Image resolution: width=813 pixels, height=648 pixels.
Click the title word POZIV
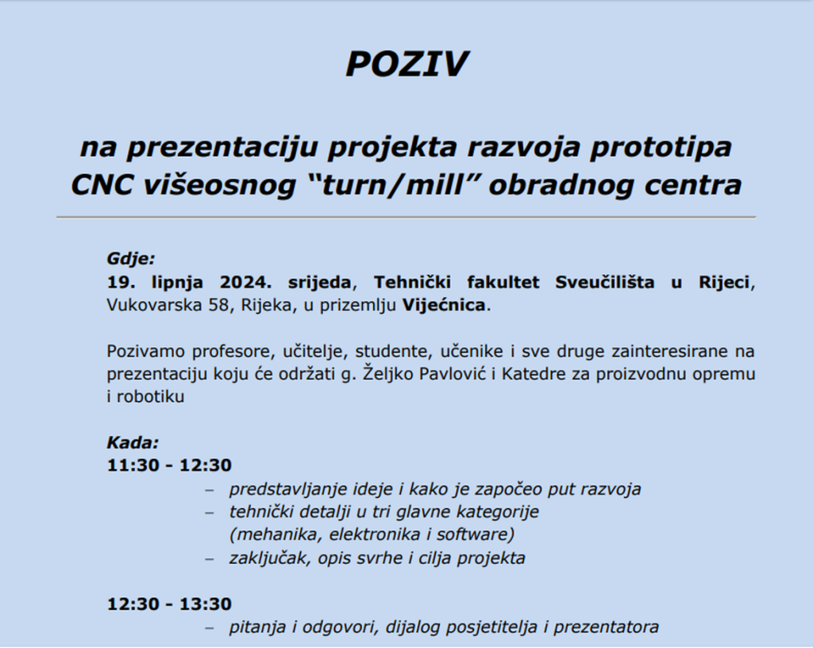tap(407, 64)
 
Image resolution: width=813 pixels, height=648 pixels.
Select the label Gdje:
tap(131, 259)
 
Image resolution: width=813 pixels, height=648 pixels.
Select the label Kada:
tap(133, 442)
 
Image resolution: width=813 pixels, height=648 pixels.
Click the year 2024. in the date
tap(246, 283)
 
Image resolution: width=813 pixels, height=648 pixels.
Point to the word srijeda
tap(319, 283)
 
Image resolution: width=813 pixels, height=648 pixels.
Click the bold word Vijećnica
tap(444, 305)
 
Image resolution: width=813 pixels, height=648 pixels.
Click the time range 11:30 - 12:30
tap(169, 465)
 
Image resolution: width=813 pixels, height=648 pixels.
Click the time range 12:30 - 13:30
tap(169, 604)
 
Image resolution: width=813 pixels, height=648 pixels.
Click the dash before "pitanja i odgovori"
tap(210, 628)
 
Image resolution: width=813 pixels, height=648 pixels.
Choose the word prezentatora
tap(606, 627)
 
